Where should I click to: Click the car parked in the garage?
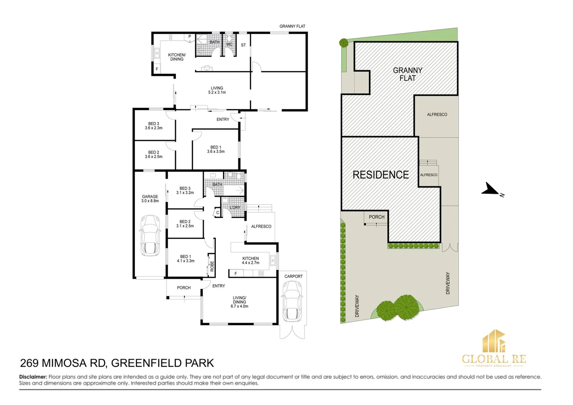150,235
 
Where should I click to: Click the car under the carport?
292,301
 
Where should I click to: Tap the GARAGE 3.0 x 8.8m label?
150,199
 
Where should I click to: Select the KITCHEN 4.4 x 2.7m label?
250,261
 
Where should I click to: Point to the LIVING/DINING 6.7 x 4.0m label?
239,302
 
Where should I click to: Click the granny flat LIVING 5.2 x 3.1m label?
217,90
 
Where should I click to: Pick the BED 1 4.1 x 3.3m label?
186,259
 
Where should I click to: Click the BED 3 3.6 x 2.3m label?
154,126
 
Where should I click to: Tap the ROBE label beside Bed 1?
212,266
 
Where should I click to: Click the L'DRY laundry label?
235,207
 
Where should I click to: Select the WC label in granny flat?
229,44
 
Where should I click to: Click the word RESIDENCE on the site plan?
381,175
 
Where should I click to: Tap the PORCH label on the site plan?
376,217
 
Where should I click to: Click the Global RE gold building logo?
493,342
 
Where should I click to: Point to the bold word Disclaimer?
33,377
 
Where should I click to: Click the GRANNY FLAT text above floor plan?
292,26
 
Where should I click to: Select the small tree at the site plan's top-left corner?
343,42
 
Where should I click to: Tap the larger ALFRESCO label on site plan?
437,114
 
